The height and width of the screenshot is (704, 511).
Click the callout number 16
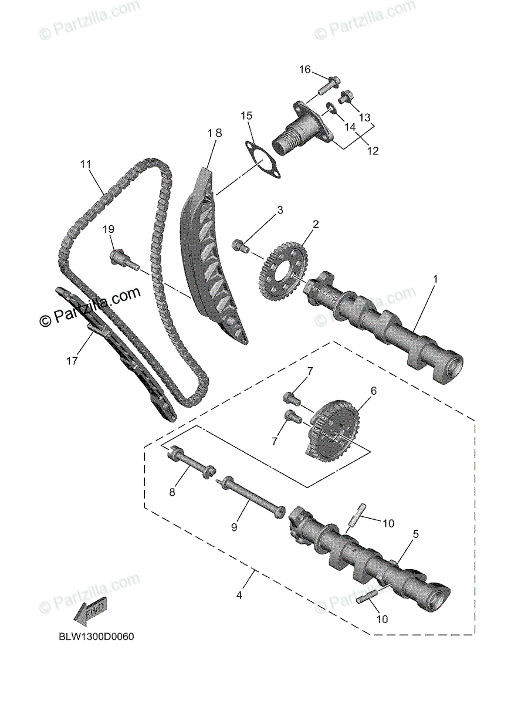pos(304,70)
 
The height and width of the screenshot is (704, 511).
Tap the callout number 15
pos(246,116)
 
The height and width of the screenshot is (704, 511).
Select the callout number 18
pos(215,133)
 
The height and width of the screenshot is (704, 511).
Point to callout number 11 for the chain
pos(86,165)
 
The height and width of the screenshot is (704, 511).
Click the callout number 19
pos(108,229)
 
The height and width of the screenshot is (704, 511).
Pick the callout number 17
pos(72,361)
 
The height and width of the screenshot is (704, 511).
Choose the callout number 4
pos(239,595)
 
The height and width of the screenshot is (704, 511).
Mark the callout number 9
pos(233,527)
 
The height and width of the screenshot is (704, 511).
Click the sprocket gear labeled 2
pos(283,269)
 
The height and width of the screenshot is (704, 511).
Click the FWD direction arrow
pos(91,614)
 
